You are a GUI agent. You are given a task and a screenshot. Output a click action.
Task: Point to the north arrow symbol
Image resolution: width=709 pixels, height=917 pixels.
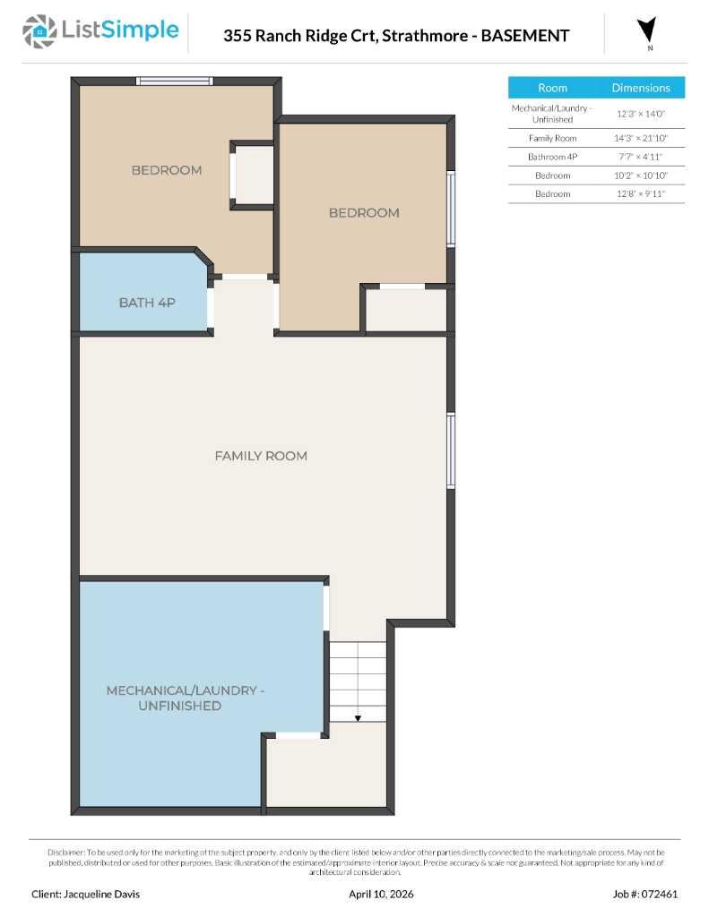pos(646,30)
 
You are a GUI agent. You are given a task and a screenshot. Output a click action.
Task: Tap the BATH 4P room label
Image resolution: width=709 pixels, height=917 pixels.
pos(147,303)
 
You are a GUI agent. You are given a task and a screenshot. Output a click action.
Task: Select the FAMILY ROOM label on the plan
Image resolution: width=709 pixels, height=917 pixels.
pos(261,456)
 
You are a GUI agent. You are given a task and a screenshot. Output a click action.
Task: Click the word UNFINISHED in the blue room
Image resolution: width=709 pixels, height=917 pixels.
pos(179,706)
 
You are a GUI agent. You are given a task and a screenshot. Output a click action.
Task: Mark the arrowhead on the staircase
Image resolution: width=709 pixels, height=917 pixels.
pos(357,717)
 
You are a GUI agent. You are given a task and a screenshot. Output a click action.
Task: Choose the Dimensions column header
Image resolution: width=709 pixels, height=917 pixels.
pos(640,88)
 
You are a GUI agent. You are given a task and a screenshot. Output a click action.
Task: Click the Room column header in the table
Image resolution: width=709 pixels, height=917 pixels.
pos(552,88)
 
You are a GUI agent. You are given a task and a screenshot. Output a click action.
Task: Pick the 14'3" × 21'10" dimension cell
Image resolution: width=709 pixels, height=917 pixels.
pos(640,138)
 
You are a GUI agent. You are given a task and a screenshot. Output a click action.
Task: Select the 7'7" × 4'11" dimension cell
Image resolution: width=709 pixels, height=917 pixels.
pos(640,157)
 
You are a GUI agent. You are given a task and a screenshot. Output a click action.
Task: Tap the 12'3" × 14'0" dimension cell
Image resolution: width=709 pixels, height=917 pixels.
pos(640,114)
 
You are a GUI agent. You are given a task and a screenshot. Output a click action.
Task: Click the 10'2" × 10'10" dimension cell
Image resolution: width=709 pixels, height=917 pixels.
pos(640,176)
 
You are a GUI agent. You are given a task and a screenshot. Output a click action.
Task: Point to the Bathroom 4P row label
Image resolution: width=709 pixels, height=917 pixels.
pos(552,157)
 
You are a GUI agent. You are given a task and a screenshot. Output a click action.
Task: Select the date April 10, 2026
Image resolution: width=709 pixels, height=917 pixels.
pos(381,894)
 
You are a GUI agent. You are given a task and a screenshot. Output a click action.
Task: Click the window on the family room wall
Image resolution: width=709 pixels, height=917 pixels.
pos(451,450)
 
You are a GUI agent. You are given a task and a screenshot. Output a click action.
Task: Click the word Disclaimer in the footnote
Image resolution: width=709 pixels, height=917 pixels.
pos(66,853)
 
